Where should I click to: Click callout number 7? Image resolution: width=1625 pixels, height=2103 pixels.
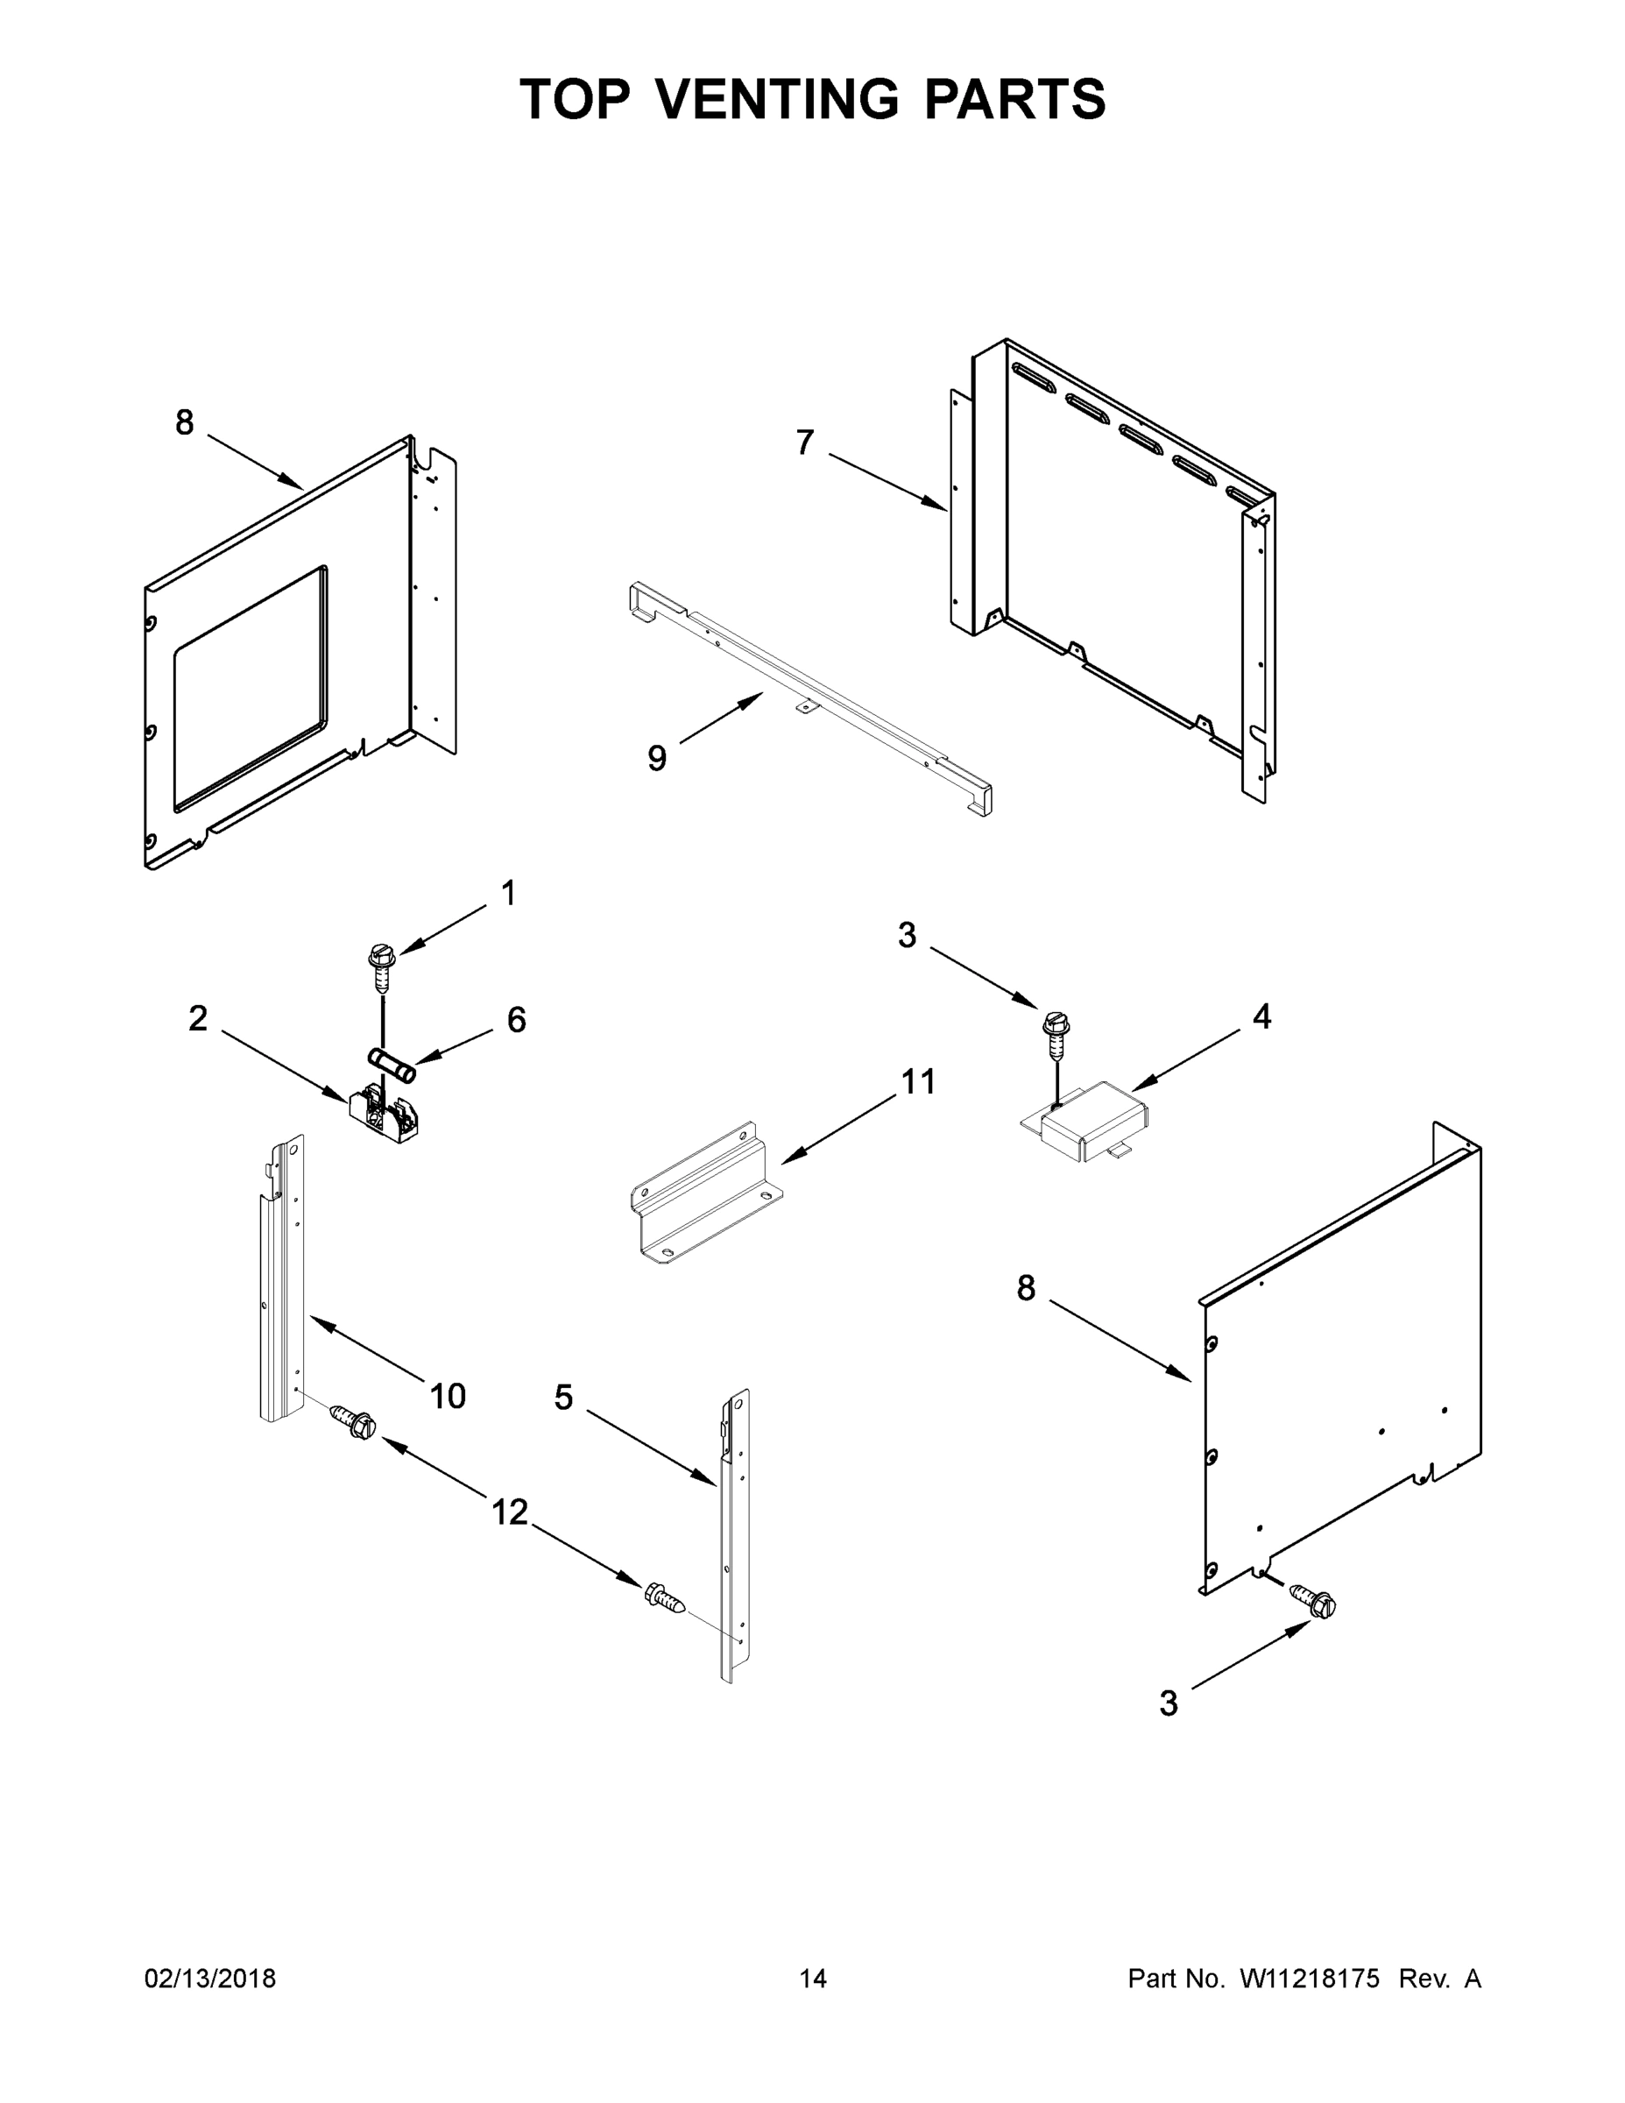click(805, 443)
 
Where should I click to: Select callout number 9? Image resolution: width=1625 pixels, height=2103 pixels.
click(656, 759)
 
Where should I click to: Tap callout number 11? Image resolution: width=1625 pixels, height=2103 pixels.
click(917, 1082)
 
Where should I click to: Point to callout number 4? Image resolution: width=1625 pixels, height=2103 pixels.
click(1261, 1016)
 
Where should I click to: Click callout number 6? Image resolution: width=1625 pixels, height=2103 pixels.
click(517, 1021)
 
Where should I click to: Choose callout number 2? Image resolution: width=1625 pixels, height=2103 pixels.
click(197, 1019)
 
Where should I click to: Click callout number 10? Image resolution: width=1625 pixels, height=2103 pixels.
click(448, 1396)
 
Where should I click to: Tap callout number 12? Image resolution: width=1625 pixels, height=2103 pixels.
click(510, 1512)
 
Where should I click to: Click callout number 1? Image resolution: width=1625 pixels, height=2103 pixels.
click(508, 894)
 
